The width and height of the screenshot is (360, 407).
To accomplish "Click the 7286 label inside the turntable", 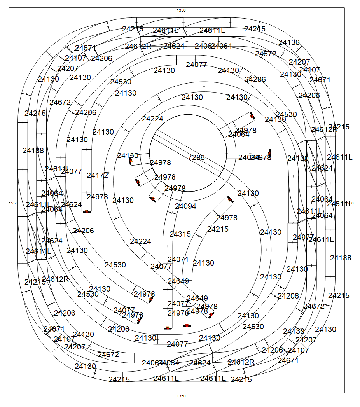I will pos(196,157).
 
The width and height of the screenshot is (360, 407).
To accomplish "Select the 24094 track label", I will pos(185,206).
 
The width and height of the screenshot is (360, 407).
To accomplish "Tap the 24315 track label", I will pos(180,234).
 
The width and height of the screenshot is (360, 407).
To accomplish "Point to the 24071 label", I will pos(178,259).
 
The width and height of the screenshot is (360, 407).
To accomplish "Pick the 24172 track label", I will pos(97,175).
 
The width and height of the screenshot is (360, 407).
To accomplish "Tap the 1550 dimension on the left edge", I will pos(13,203).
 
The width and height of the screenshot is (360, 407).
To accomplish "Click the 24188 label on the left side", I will pos(33,150).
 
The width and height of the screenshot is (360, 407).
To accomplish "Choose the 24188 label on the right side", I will pos(341,258).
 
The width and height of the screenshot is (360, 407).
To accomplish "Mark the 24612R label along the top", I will pos(138,46).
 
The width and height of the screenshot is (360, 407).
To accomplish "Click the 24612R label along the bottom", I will pos(241,362).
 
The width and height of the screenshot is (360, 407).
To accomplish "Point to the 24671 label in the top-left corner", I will pos(86,48).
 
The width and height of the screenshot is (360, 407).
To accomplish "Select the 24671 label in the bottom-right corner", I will pos(288,360).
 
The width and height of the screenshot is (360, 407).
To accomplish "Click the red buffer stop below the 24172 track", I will pos(87,211).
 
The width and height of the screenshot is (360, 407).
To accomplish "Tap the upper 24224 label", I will pos(152,119).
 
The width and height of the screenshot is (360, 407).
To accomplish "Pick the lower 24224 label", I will pos(140,241).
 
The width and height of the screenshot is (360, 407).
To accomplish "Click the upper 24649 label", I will pos(178,281).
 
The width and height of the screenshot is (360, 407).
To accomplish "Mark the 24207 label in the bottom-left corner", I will pos(75,347).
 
